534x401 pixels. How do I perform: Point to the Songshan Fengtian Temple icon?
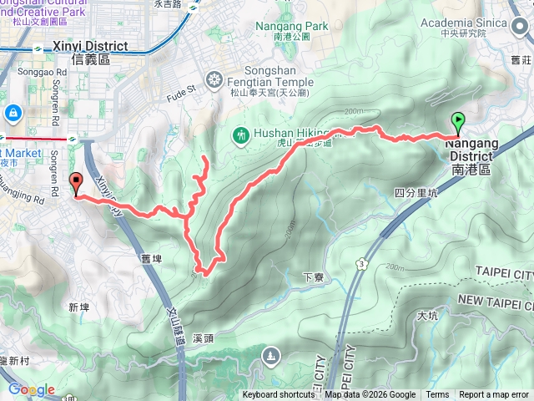pyautogui.click(x=216, y=80)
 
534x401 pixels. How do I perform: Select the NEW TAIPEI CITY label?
pyautogui.click(x=495, y=300)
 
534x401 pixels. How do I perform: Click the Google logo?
pyautogui.click(x=31, y=389)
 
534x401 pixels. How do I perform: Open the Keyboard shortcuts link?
pyautogui.click(x=279, y=395)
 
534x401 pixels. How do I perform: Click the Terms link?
pyautogui.click(x=437, y=395)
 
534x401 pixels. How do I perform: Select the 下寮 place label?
pyautogui.click(x=313, y=277)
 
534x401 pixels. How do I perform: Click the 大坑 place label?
pyautogui.click(x=426, y=316)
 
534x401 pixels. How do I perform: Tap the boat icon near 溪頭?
pyautogui.click(x=271, y=358)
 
